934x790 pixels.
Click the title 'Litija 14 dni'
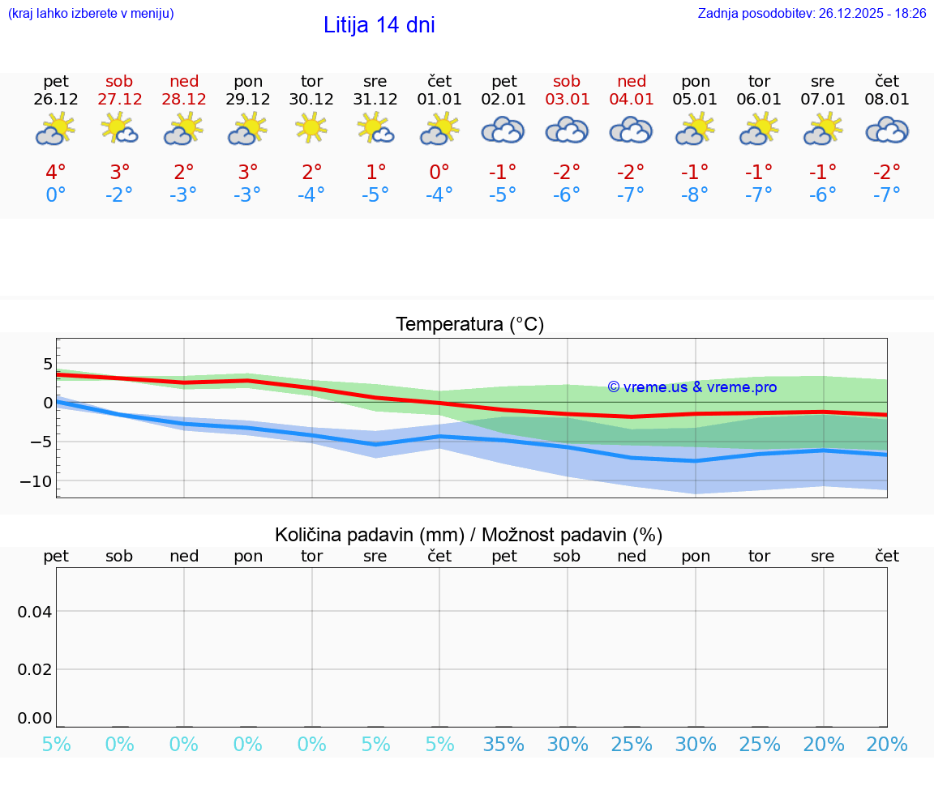pyautogui.click(x=379, y=25)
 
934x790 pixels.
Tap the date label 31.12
pyautogui.click(x=375, y=100)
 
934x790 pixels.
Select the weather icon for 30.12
pyautogui.click(x=311, y=129)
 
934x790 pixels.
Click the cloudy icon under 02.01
pyautogui.click(x=503, y=130)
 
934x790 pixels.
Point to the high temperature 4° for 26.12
pyautogui.click(x=56, y=173)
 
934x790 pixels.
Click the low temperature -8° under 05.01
pyautogui.click(x=695, y=195)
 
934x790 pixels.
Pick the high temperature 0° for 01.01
pyautogui.click(x=439, y=173)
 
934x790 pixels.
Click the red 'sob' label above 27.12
pyautogui.click(x=119, y=81)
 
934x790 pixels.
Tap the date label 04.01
pyautogui.click(x=632, y=100)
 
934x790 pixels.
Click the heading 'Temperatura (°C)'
pyautogui.click(x=469, y=325)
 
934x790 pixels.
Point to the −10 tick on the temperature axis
pyautogui.click(x=35, y=481)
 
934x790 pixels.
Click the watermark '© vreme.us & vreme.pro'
pyautogui.click(x=692, y=387)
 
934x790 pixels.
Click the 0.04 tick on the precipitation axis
pyautogui.click(x=35, y=612)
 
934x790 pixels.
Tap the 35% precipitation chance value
pyautogui.click(x=503, y=745)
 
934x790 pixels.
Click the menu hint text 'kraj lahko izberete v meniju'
pyautogui.click(x=90, y=13)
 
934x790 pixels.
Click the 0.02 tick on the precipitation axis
pyautogui.click(x=35, y=669)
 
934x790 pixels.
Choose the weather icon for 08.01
pyautogui.click(x=887, y=130)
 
